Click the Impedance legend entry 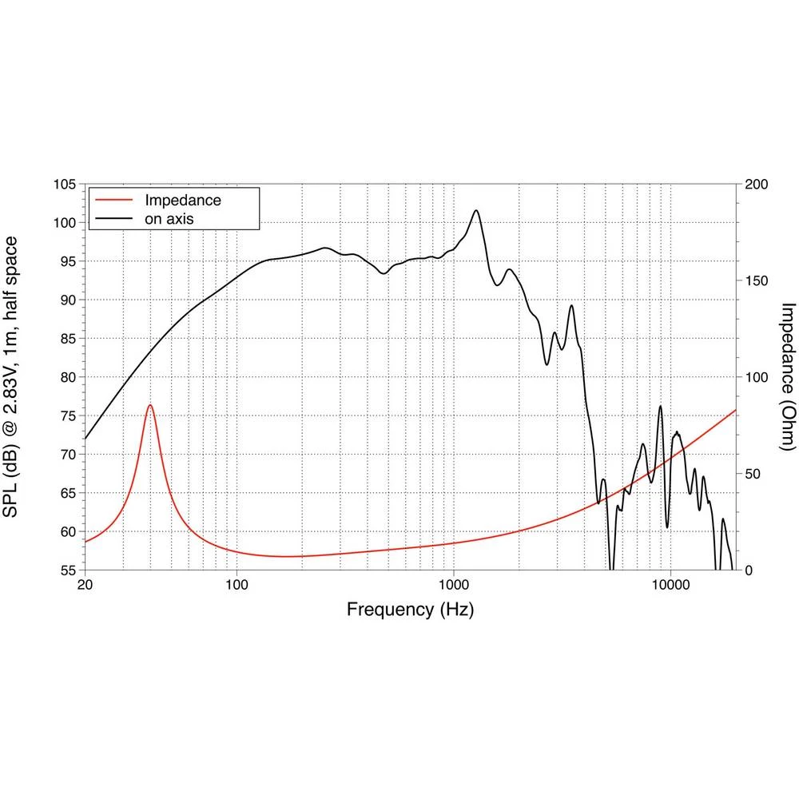(x=182, y=200)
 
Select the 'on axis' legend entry (x=169, y=217)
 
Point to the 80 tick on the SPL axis (x=67, y=377)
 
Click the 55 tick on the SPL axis (x=67, y=570)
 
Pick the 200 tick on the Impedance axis (x=756, y=185)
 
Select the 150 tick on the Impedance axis (x=756, y=281)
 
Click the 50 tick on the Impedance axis (x=753, y=474)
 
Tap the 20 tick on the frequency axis (x=85, y=585)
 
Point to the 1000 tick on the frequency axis (x=453, y=585)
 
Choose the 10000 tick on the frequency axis (x=670, y=585)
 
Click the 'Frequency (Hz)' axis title (x=410, y=610)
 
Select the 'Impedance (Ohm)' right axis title (x=786, y=376)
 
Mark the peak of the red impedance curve (x=149, y=405)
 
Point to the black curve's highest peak (x=476, y=211)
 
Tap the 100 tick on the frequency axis (x=237, y=585)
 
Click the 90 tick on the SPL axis (x=67, y=300)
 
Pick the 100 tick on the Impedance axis (x=756, y=377)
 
